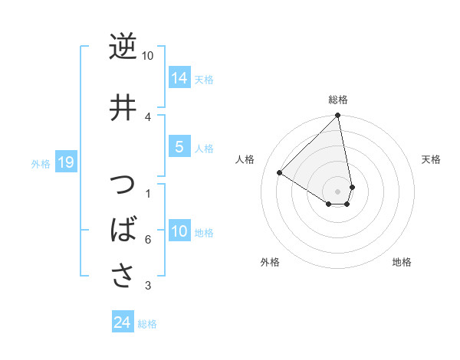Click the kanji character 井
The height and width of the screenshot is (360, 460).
pos(123,107)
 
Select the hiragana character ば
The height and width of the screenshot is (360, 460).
pos(123,229)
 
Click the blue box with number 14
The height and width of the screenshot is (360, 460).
pos(179,78)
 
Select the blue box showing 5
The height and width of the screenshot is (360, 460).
pos(179,147)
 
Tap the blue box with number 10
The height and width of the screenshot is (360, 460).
pos(179,231)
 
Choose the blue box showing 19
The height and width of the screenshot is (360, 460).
pos(65,162)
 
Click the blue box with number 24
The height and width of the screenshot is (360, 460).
pos(122,323)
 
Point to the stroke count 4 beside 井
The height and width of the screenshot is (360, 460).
pos(148,116)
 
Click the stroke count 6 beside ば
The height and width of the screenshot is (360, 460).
pos(148,240)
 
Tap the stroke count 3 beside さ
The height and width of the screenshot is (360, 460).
pos(148,286)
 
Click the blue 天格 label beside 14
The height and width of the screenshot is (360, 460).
pos(204,80)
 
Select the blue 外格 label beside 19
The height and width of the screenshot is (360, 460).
pos(40,164)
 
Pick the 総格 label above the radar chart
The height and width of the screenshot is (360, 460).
pos(338,100)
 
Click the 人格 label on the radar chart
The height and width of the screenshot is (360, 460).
pos(245,159)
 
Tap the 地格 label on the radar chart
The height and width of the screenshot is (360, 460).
pos(402,263)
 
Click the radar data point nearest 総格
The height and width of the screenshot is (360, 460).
pos(338,116)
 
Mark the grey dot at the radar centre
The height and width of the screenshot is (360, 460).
pos(338,191)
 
